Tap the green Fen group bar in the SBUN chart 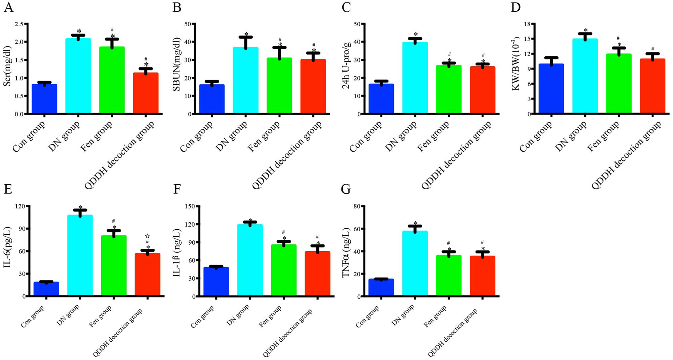pos(279,85)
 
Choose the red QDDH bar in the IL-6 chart pos(148,275)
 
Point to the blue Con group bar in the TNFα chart pos(381,287)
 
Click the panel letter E pos(8,189)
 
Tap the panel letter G pos(346,189)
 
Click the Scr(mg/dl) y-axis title pos(7,66)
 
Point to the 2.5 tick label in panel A pos(19,24)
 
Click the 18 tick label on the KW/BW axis pos(526,24)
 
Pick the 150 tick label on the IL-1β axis pos(190,206)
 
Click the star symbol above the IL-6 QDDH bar pos(147,236)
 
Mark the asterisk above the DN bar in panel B pos(246,35)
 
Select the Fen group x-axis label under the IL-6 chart pos(100,316)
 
